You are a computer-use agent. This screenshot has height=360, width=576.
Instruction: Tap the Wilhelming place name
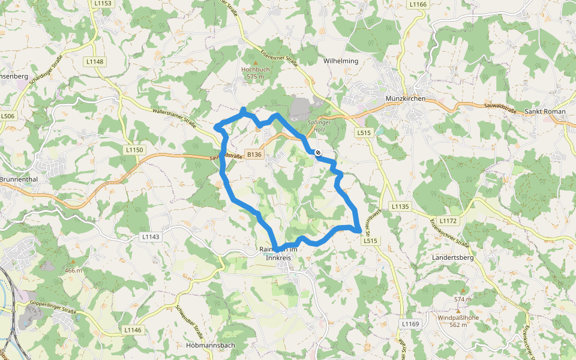coord(341,61)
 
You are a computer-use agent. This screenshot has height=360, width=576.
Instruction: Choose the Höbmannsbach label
coord(210,346)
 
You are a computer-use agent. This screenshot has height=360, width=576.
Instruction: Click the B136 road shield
coord(254,154)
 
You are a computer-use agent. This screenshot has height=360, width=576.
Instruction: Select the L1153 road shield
coord(103,4)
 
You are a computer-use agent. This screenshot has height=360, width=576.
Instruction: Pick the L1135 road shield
coord(400,206)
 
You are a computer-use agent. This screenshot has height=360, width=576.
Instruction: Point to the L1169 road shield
coord(410,324)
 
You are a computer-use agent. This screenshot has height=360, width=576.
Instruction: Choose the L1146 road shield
coord(133,330)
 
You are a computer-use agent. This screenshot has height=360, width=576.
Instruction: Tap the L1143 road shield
coord(151,237)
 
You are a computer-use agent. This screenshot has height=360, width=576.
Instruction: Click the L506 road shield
coord(8,116)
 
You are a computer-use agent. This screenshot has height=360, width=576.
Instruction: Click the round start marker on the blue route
coord(318,152)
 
